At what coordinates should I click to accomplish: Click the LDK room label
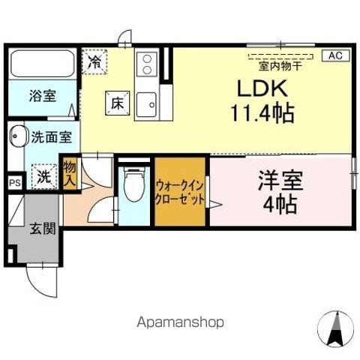tap(262, 88)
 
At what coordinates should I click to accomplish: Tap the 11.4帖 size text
tap(262, 115)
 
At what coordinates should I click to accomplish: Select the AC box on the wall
tap(334, 55)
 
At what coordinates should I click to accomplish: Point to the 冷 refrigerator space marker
tap(94, 61)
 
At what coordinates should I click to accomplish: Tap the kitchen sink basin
tap(146, 100)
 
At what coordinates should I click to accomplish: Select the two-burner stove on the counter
tap(145, 63)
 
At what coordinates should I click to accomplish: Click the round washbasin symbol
tap(17, 138)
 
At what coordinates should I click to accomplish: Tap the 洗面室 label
tap(51, 137)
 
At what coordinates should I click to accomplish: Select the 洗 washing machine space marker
tap(46, 177)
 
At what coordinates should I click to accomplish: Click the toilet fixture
tap(134, 184)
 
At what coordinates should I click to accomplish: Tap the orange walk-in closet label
tap(180, 192)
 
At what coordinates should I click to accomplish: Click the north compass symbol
tap(334, 328)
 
